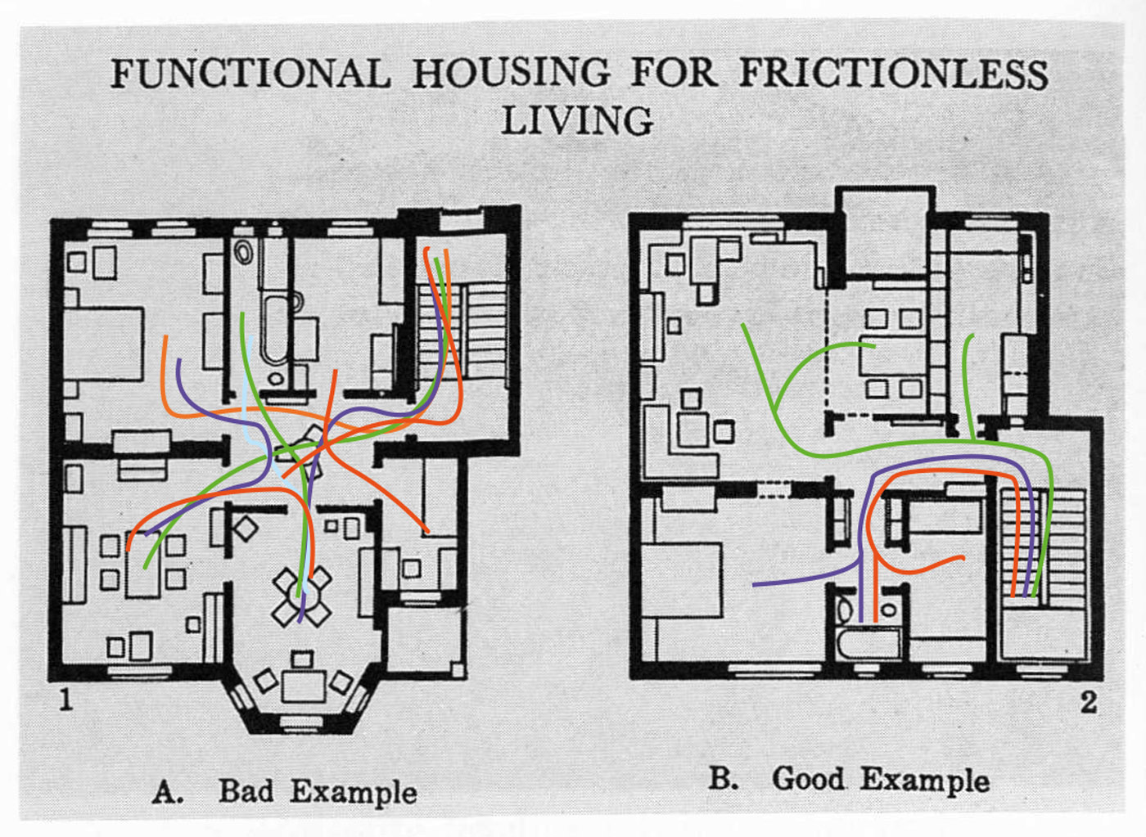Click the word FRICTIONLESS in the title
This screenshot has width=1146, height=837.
(893, 74)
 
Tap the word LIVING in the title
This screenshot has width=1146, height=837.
(577, 121)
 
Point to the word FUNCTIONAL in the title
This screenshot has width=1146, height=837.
(250, 74)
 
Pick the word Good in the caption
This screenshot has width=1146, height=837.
(807, 778)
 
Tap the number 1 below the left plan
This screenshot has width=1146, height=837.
(65, 700)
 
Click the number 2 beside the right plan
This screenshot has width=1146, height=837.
(1088, 701)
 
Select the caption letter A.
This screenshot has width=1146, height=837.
(167, 792)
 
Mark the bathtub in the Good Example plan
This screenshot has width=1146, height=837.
(868, 644)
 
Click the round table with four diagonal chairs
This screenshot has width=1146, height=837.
(302, 597)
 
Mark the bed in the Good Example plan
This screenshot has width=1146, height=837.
(682, 581)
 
